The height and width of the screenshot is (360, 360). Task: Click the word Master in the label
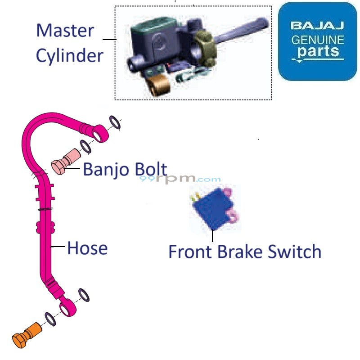point(65,31)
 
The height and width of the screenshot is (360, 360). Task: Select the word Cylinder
point(70,56)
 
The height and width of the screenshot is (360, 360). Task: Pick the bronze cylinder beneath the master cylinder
point(158,85)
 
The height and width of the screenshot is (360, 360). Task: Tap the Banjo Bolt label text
point(125,170)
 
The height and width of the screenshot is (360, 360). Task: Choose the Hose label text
point(87,248)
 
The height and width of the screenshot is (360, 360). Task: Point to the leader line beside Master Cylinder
point(109,40)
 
